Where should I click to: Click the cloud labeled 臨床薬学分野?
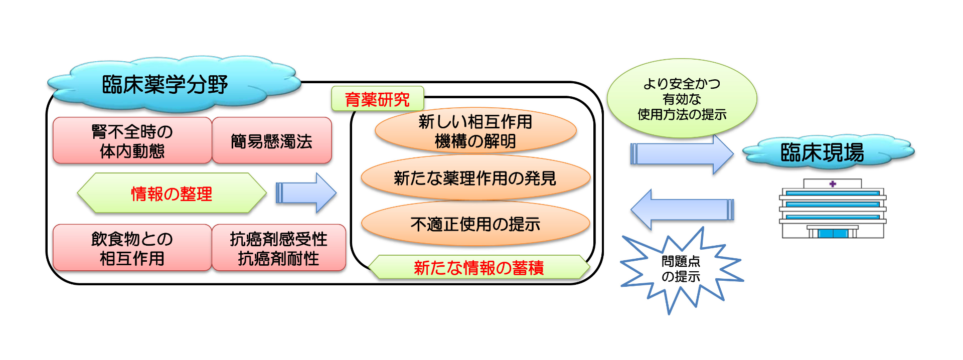[x=166, y=84]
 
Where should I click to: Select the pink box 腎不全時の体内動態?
[x=132, y=141]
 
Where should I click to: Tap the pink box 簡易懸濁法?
[x=272, y=141]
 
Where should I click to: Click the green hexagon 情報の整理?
[x=172, y=194]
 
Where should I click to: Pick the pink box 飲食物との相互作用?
[x=132, y=248]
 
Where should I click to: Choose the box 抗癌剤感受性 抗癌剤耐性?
[x=279, y=248]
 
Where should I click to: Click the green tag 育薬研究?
[x=377, y=99]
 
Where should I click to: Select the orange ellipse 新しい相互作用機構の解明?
[x=475, y=131]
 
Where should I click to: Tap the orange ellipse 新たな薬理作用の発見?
[x=475, y=178]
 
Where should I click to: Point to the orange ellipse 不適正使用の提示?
[x=475, y=224]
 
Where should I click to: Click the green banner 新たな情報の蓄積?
[x=478, y=268]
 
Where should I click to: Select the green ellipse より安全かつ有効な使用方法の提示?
[x=682, y=99]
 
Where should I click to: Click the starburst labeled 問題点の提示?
[x=681, y=269]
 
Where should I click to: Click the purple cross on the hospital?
[x=833, y=184]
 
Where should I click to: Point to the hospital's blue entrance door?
[x=833, y=234]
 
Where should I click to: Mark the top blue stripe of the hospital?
[x=833, y=193]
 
